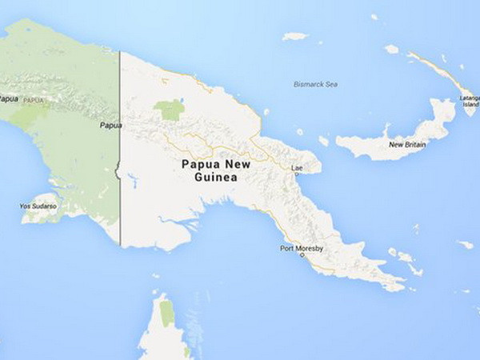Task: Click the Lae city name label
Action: [297, 168]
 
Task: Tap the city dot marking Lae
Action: [297, 174]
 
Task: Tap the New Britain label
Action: [406, 145]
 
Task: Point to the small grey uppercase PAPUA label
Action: [34, 100]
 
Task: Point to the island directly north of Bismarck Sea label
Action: [295, 36]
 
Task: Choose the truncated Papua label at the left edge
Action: [6, 98]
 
